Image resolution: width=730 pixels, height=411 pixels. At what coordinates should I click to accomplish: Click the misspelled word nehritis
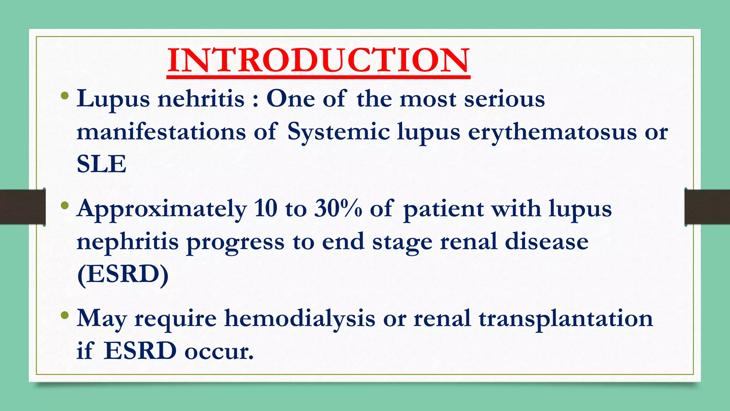point(201,99)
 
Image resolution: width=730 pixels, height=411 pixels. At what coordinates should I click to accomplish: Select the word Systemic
point(338,132)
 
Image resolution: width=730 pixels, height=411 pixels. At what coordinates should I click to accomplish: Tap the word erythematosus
point(552,132)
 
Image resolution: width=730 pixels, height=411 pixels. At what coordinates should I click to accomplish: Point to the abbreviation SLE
point(102,164)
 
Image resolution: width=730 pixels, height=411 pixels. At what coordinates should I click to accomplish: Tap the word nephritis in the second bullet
point(128,242)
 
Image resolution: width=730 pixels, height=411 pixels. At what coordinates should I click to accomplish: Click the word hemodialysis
point(299,318)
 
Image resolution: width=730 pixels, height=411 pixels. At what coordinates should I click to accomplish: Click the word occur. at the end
point(219,351)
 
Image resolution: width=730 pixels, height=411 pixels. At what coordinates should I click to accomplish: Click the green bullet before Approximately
point(65,205)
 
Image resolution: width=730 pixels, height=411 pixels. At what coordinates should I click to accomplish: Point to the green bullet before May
point(65,315)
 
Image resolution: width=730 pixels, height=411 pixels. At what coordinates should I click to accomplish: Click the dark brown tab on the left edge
point(22,207)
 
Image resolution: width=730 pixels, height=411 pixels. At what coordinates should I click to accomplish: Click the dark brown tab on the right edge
point(707,207)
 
